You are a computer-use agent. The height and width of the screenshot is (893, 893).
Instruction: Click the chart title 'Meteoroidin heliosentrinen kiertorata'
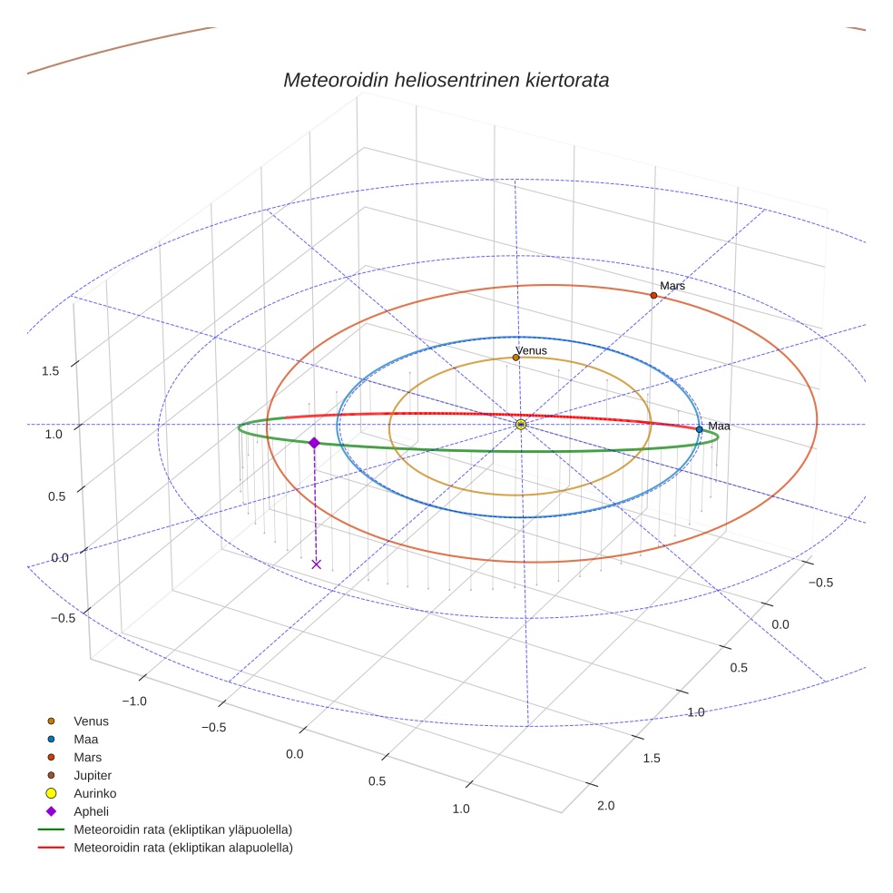446,80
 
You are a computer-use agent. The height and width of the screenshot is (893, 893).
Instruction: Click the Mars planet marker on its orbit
653,295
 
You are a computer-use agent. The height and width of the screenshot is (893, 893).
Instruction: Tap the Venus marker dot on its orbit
515,358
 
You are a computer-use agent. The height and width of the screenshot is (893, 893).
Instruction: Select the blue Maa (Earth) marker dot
699,429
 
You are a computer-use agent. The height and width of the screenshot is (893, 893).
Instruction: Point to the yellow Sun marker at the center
521,424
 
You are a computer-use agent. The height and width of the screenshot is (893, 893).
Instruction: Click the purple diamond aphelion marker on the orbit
314,443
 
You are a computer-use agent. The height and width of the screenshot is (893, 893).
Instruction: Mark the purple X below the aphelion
316,564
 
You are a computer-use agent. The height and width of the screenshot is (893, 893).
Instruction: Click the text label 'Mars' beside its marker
672,286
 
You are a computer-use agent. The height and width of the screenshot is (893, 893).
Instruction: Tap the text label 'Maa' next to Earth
719,426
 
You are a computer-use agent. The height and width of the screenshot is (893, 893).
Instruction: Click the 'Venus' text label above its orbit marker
532,349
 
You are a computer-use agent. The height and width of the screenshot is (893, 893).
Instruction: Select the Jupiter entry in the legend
92,775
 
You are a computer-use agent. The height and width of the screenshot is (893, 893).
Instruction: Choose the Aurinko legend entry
94,793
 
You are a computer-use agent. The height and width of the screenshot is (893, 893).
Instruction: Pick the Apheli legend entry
91,811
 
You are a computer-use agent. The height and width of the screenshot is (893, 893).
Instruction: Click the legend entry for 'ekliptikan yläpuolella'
182,829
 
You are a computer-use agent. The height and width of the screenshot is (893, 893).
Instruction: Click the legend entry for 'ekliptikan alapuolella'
182,848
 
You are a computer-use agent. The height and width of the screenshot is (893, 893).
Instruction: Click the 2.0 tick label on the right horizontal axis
605,806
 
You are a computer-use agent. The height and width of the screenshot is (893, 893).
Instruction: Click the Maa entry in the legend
85,739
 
